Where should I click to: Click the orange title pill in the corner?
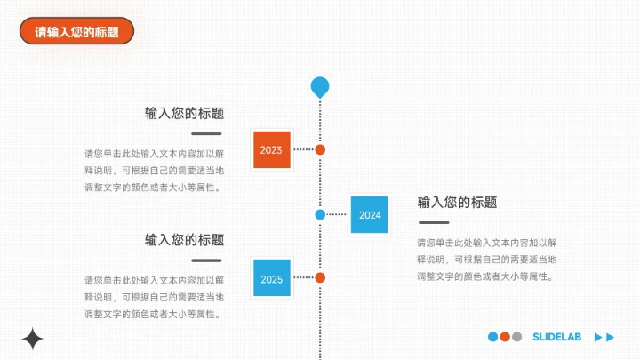point(76,31)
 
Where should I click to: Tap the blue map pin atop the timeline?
point(320,87)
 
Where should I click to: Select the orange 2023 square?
point(272,149)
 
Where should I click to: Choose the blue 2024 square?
point(370,215)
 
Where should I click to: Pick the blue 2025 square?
point(272,277)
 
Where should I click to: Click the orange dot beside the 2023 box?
point(320,150)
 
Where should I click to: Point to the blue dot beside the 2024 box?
point(320,215)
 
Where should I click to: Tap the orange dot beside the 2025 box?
point(320,277)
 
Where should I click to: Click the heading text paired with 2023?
point(185,113)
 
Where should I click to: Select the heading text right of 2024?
point(457,202)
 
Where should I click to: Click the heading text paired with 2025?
point(185,240)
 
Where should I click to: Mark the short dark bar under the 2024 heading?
point(434,222)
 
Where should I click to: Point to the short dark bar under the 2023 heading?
point(206,133)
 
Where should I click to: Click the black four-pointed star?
point(32,339)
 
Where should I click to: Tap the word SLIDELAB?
point(556,337)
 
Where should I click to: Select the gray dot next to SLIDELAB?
point(516,337)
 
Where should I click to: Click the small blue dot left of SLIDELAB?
point(493,337)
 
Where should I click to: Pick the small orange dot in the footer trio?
point(505,337)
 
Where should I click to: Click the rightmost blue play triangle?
point(610,337)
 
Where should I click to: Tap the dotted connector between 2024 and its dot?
point(338,214)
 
